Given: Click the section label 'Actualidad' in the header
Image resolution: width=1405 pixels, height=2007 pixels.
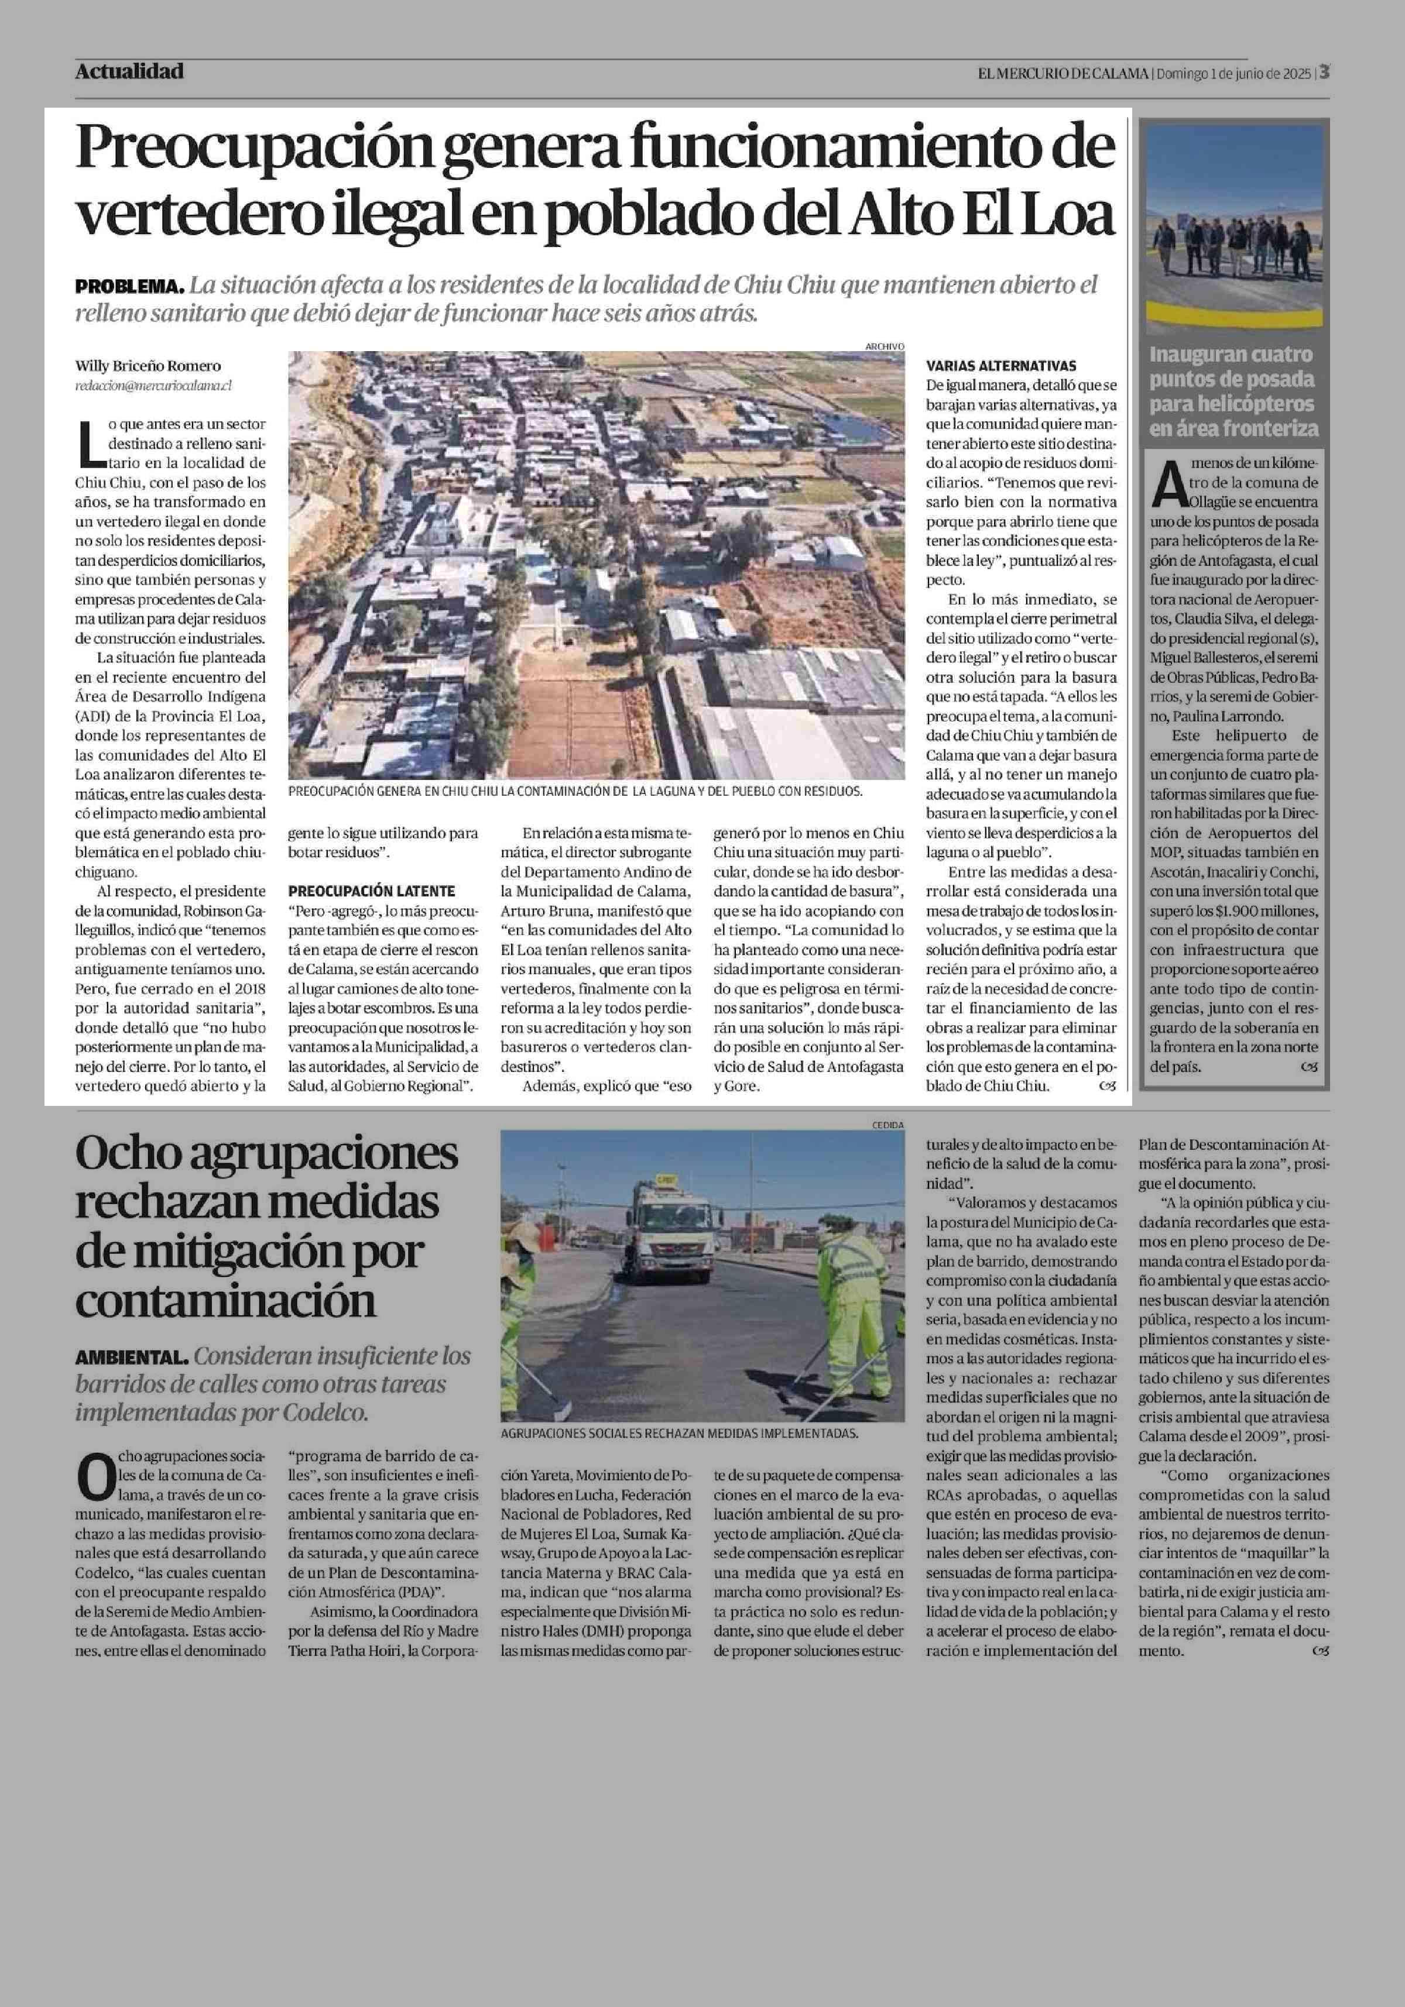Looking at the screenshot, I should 129,71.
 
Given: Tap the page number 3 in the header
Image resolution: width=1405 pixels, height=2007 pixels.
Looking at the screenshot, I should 1325,73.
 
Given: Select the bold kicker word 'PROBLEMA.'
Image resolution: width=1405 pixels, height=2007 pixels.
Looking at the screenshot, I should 129,287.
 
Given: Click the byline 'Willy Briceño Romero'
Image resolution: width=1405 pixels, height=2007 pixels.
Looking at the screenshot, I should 148,366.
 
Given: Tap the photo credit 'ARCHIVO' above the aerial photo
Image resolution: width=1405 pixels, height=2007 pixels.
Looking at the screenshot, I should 884,346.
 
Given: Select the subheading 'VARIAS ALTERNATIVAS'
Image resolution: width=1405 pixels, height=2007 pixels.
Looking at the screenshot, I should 1001,366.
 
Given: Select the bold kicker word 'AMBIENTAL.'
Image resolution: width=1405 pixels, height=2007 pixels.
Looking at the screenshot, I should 131,1358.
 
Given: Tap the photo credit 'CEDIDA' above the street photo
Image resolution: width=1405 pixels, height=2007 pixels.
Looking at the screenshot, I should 887,1125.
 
